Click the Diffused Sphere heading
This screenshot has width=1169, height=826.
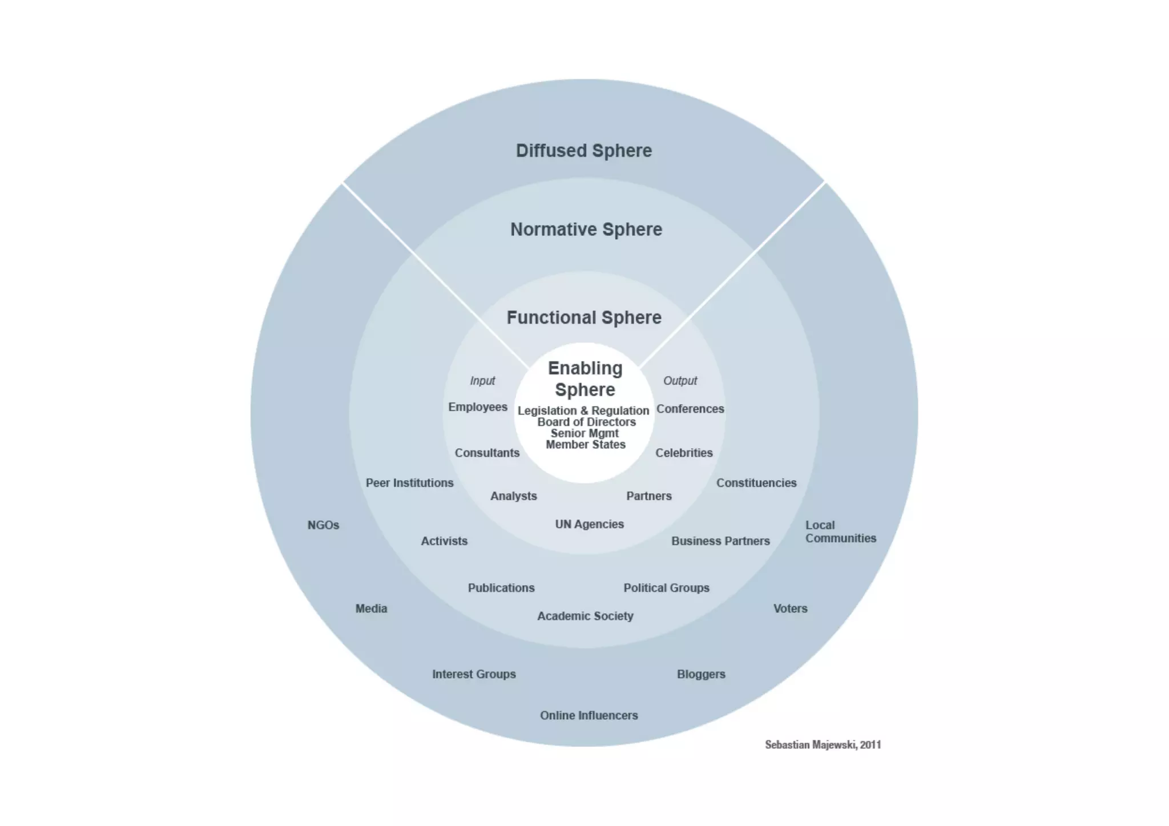583,151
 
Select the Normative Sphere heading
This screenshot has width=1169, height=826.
586,229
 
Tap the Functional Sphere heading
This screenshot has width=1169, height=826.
584,317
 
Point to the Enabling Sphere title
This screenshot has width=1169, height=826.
585,379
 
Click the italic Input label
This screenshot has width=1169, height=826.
482,381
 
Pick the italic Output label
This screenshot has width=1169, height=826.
680,381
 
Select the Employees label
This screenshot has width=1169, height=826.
478,407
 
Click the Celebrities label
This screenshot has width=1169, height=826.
684,453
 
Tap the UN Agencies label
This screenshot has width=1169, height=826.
589,524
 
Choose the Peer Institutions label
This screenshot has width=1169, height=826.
409,483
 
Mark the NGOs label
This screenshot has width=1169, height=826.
323,525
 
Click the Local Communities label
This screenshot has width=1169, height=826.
840,531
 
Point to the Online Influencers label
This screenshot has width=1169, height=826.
588,715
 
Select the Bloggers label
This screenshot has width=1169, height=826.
701,674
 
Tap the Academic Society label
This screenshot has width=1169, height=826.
585,616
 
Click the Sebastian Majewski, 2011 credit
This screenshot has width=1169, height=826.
823,744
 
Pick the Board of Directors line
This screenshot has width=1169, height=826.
586,422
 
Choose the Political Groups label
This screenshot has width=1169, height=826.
666,588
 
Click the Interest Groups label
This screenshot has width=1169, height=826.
474,674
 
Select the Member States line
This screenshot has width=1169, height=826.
586,445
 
